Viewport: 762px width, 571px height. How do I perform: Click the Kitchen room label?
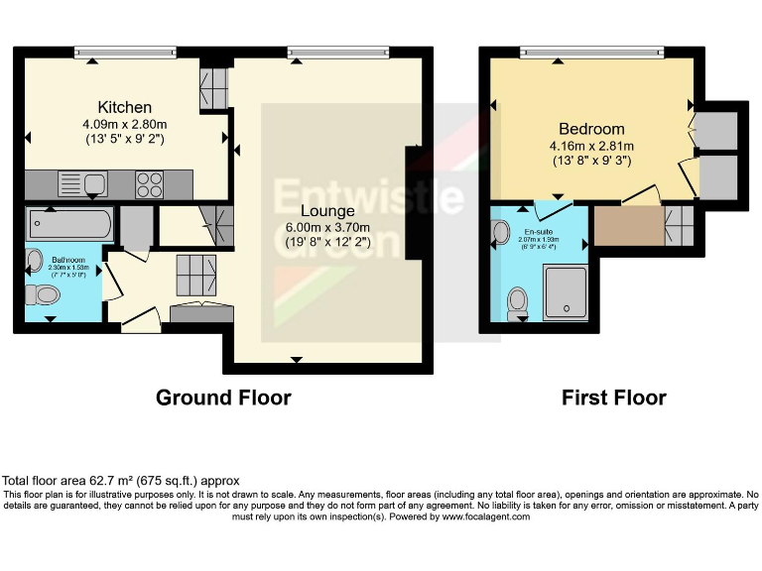click(124, 107)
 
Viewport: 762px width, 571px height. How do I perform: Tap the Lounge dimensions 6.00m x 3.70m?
click(328, 227)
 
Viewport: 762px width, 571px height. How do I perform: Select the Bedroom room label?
click(591, 129)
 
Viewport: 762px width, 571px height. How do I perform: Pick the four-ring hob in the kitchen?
click(150, 184)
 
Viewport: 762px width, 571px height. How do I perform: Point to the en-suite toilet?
click(517, 299)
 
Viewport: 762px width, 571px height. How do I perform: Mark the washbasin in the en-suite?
click(500, 232)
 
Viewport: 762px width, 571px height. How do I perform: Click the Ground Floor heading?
click(223, 398)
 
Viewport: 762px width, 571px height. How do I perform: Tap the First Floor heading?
click(613, 398)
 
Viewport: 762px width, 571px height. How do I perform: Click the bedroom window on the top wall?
click(591, 51)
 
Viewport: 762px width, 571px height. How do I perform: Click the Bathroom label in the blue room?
click(60, 260)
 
